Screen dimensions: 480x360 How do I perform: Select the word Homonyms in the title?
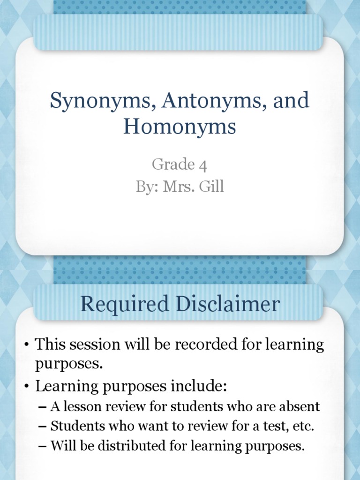point(180,127)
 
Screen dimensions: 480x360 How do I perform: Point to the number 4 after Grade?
point(203,165)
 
